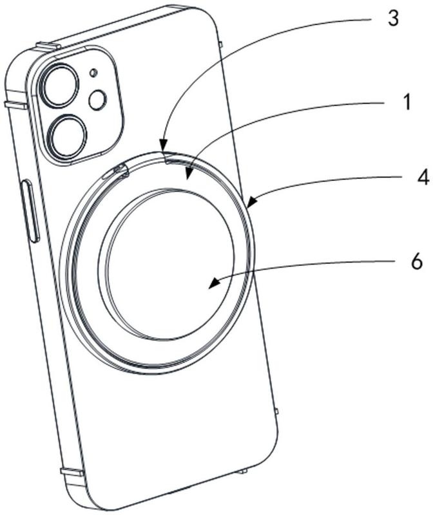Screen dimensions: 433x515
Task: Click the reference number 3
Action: coord(393,19)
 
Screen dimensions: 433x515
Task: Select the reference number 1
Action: coord(407,102)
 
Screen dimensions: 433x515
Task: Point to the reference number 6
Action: coord(416,262)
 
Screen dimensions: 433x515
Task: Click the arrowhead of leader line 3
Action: coord(162,145)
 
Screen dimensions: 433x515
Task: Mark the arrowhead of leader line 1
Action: coord(189,174)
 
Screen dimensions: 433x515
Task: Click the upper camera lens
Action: coord(59,86)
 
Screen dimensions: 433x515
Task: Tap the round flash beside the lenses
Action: coord(98,100)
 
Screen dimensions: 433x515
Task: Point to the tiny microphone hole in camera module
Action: coord(94,73)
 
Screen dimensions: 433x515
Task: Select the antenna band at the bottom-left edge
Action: coord(72,473)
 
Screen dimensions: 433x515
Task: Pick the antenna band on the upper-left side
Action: coord(15,105)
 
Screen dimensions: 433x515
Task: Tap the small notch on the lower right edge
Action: coord(276,411)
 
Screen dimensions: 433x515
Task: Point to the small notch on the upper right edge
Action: coord(220,44)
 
